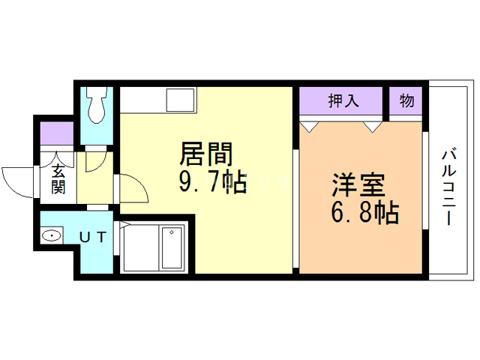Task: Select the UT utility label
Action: pos(93,238)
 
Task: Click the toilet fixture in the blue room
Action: pos(96,108)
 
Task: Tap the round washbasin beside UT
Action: pos(52,237)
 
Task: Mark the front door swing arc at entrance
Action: pos(16,180)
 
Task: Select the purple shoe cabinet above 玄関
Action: pos(57,133)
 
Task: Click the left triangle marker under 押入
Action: pos(308,124)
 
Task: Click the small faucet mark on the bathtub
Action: pos(171,233)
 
